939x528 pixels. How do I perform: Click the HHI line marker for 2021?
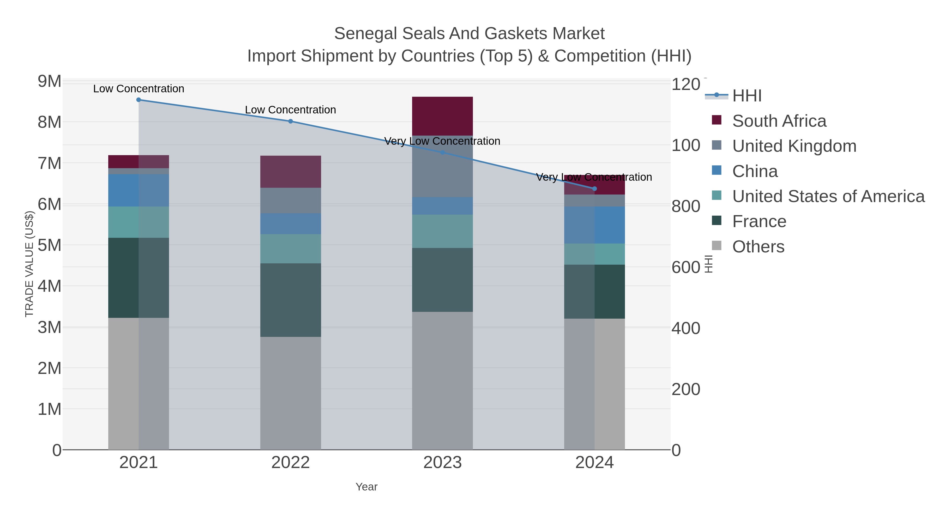(139, 100)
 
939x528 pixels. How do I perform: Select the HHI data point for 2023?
(443, 152)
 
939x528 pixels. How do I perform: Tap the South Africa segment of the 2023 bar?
(443, 116)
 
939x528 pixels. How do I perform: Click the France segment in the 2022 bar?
(291, 300)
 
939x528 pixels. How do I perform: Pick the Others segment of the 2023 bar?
(443, 380)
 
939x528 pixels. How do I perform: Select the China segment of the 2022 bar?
(291, 224)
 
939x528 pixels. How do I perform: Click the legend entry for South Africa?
(779, 121)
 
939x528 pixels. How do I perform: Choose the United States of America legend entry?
(828, 196)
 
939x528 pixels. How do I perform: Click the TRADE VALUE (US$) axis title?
(29, 264)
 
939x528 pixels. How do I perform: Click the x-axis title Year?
(366, 487)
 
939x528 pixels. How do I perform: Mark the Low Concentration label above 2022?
(291, 110)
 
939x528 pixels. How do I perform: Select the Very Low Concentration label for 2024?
(594, 177)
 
